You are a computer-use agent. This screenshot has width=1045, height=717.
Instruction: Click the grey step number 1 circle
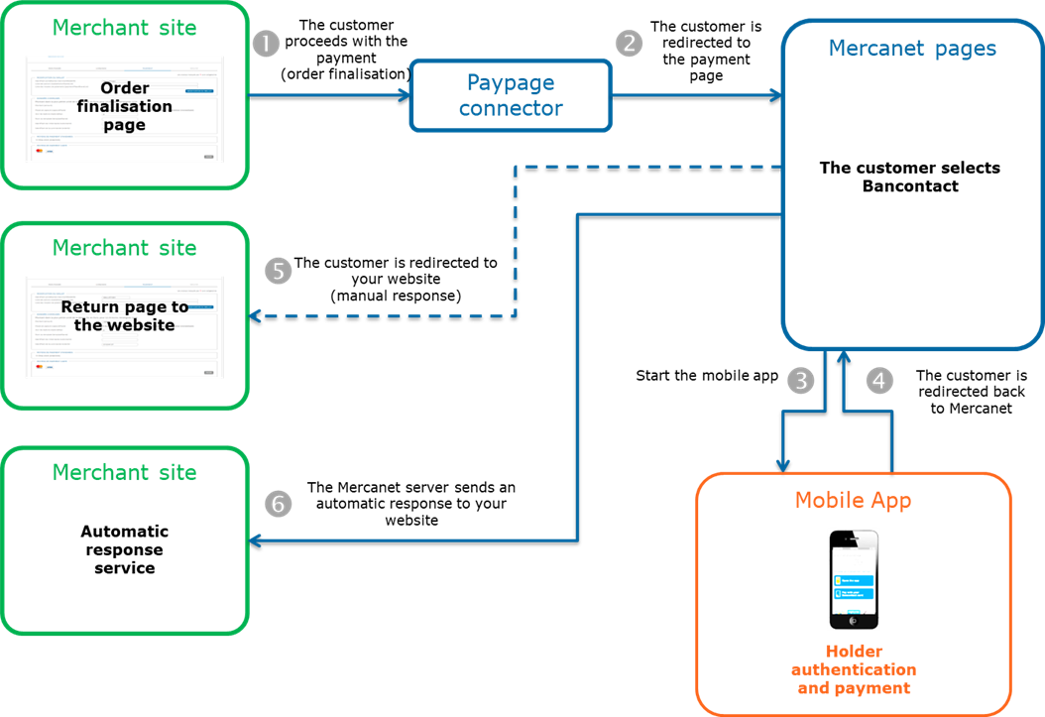click(x=266, y=44)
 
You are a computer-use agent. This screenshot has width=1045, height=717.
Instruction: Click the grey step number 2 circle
click(x=629, y=44)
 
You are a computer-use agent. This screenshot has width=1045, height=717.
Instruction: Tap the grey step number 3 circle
click(x=801, y=380)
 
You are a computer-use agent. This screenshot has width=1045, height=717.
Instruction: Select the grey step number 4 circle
click(x=879, y=380)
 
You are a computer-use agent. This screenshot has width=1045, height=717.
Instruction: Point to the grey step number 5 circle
click(x=279, y=271)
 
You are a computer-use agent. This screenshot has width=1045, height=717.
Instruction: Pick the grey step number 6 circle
click(x=279, y=504)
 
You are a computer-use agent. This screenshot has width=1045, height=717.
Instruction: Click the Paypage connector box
click(x=511, y=95)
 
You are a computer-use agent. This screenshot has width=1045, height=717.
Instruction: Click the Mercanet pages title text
click(x=912, y=48)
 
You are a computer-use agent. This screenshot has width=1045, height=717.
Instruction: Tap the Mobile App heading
click(x=853, y=500)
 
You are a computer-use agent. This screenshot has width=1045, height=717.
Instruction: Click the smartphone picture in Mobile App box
click(x=854, y=579)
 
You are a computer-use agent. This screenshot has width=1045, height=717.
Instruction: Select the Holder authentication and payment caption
click(x=854, y=669)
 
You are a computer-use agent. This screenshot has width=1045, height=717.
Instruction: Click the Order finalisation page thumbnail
click(x=124, y=108)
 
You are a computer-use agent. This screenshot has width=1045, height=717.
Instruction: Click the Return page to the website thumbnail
click(x=124, y=327)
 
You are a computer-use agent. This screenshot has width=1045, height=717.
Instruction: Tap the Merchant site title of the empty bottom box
click(x=124, y=472)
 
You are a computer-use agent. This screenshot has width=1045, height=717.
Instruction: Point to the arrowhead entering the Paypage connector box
click(x=405, y=95)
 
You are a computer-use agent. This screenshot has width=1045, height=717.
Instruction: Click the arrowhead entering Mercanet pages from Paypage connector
click(x=775, y=95)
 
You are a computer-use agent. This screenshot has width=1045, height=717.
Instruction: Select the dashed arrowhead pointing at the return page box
click(x=255, y=316)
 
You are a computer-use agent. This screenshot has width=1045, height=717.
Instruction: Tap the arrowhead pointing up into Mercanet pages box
click(x=842, y=355)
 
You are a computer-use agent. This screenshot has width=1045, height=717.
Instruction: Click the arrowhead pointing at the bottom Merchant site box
click(x=255, y=540)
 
